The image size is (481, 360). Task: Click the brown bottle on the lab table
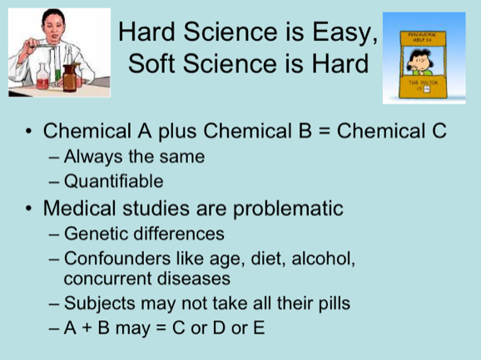82,81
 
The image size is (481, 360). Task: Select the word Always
92,155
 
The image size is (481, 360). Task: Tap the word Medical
78,207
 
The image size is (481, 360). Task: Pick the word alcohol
324,259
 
